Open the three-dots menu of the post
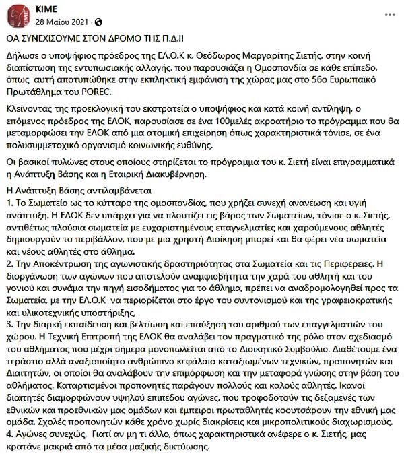(x=389, y=12)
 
